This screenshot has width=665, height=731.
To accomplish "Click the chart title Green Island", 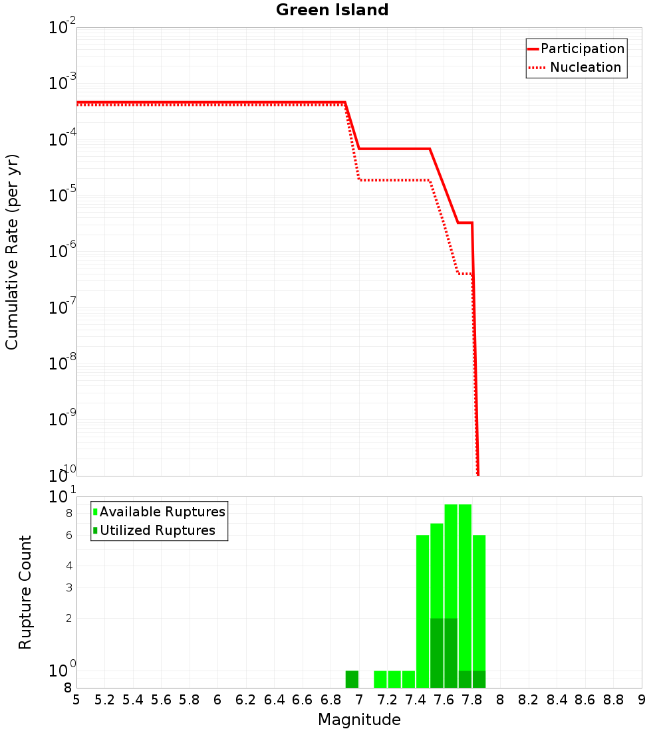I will point(332,10).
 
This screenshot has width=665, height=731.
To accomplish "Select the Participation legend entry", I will point(582,49).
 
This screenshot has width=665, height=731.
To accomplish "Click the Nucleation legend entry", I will point(585,67).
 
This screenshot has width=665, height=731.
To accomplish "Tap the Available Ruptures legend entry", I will point(162,512).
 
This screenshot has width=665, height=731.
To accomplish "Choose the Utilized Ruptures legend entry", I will point(158,530).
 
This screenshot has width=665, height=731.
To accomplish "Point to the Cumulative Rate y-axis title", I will point(12,251).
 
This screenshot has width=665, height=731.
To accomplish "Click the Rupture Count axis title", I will point(25,592).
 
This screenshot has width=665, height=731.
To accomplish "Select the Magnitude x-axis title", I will point(359,720).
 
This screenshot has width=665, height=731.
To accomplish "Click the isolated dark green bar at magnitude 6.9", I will point(352,679).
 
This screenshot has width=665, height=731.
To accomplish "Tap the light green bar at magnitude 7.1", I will point(380,679).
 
